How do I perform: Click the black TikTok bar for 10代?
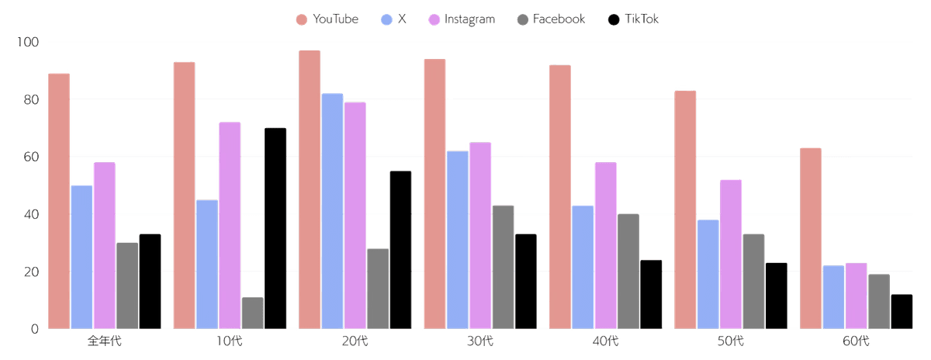275,228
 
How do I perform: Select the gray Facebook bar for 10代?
252,313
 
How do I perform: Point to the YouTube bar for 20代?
310,189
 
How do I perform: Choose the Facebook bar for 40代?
628,271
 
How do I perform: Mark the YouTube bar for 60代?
811,237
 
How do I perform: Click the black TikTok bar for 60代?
902,311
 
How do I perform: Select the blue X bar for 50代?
708,274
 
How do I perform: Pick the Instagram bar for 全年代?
104,245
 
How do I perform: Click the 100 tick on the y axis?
29,42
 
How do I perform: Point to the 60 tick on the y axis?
30,157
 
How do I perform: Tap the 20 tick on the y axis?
30,272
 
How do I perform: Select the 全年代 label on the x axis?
104,341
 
